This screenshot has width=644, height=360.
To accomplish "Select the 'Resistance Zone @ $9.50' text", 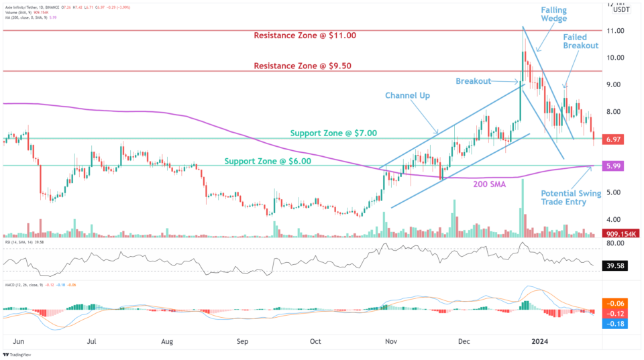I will click(302, 66).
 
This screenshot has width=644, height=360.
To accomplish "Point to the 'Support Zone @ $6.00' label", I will click(267, 161).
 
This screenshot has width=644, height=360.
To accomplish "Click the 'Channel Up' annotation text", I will click(408, 95).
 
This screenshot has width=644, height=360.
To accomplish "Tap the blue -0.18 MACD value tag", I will click(614, 324).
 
